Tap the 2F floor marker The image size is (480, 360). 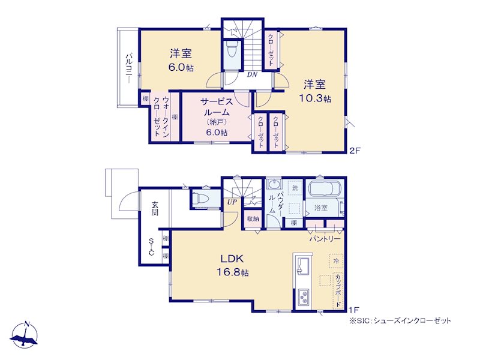coord(356,151)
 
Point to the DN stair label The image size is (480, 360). coord(252,74)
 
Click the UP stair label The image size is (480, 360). coord(232,202)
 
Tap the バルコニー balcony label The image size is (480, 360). coord(129,68)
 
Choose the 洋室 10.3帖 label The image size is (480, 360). coord(314,91)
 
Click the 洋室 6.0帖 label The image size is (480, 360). coord(181,60)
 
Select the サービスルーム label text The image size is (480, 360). coord(217,107)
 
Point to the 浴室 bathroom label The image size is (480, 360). coord(321,208)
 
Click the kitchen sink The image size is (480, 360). coord(303,267)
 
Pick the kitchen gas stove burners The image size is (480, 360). coord(304,297)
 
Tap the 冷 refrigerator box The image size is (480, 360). coord(336,261)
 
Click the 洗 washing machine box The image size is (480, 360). coord(295,188)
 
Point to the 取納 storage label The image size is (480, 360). coord(253,218)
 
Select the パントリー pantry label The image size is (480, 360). coord(325,238)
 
